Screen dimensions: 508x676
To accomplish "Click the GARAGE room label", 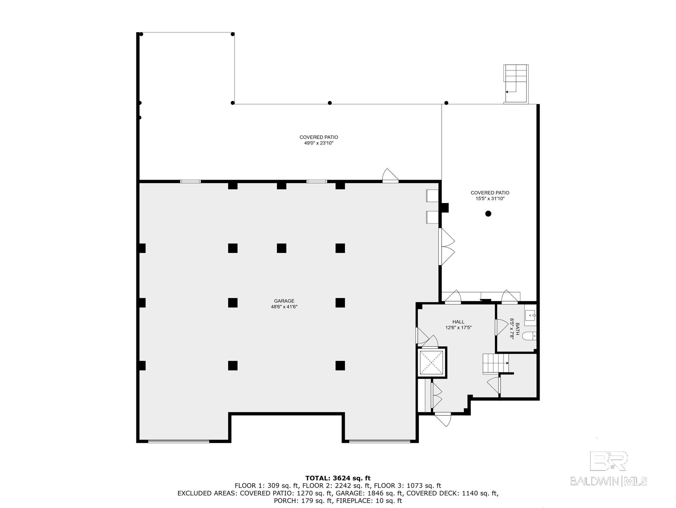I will pos(284,301).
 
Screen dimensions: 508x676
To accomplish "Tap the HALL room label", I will pos(459,322).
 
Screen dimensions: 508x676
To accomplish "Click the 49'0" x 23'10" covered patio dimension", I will pos(318,143).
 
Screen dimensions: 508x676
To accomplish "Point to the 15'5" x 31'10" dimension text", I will pos(490,198).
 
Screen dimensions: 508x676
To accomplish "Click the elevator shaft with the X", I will pos(431,363).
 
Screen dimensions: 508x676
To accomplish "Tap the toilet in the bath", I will pos(529,336).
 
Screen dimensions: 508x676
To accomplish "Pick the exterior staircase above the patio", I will pos(516,83).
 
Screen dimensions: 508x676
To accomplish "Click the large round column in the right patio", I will pos(488,213).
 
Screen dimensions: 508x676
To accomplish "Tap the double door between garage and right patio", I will pos(446,247).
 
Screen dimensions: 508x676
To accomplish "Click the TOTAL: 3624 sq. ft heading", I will pos(338,478).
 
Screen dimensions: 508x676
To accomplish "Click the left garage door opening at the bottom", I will pos(179,441).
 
